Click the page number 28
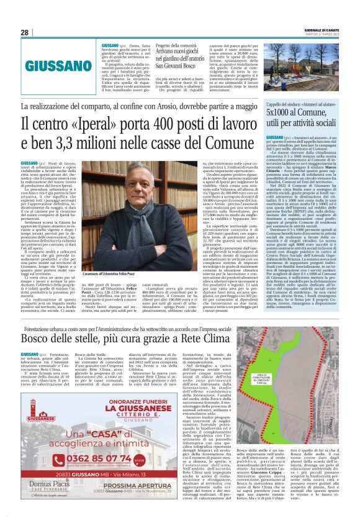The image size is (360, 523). pos(24,32)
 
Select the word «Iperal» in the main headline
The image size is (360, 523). pos(94,124)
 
